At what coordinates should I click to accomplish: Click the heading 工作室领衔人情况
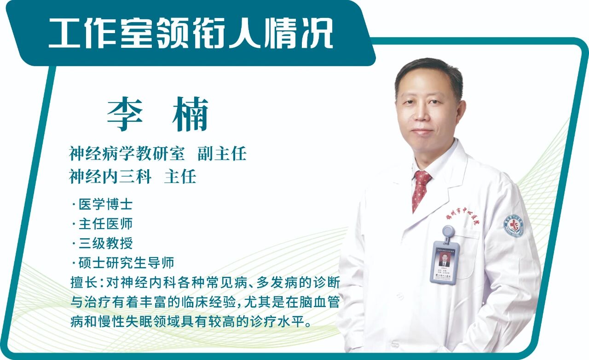pos(191,33)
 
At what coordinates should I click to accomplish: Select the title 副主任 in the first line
pos(222,154)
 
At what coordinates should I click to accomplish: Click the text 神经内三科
pos(110,176)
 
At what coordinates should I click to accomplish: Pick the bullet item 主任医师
pos(105,223)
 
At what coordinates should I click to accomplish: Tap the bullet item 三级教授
pos(105,243)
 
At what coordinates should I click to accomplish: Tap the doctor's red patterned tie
pos(420,189)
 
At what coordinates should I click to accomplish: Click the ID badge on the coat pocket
pos(445,261)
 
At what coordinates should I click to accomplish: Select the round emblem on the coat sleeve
pos(514,225)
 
